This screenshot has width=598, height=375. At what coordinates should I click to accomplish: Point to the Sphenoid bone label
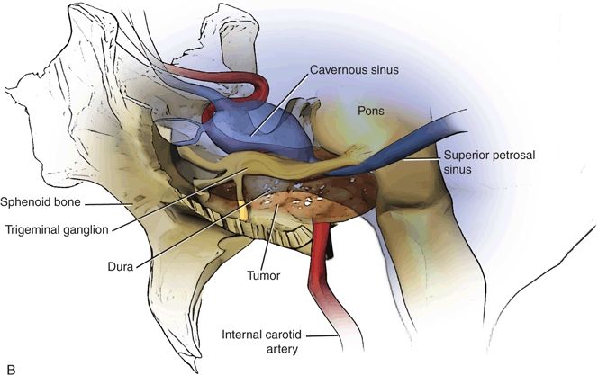[39, 201]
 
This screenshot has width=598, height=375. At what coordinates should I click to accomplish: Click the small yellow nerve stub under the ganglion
[243, 213]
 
